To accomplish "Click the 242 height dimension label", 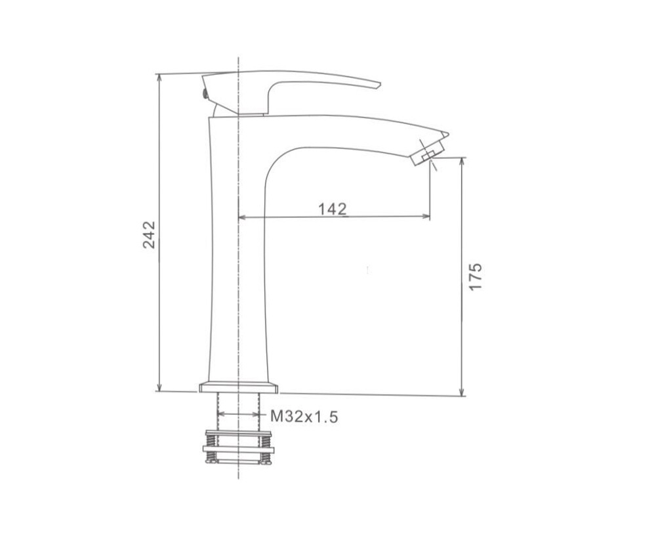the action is [149, 235].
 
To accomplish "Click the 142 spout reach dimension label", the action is [333, 209].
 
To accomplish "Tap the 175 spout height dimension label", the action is [476, 276].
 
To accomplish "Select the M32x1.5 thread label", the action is [304, 416].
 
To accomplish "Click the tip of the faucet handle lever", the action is [379, 85].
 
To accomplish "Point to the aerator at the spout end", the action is [427, 154].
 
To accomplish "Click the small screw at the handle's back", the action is [205, 93].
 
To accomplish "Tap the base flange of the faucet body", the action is [239, 387].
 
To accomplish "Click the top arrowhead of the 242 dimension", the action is [159, 78].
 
